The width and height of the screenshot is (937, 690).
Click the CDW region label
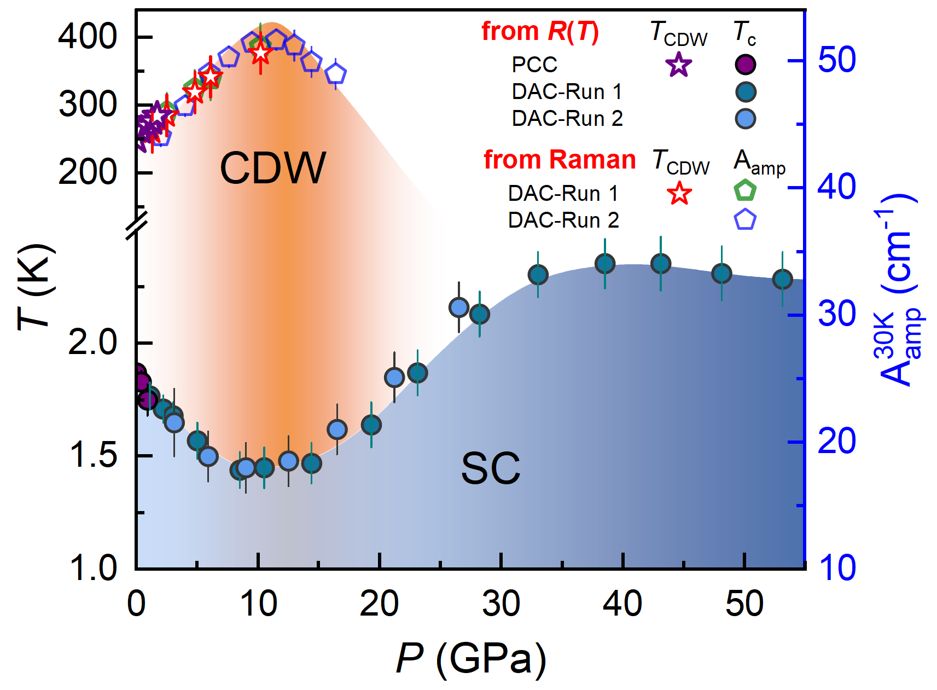point(272,168)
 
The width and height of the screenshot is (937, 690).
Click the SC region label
point(490,469)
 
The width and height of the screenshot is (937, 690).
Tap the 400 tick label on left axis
point(88,37)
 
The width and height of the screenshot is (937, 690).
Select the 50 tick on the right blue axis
point(836,60)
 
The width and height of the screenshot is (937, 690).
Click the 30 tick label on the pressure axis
point(501,604)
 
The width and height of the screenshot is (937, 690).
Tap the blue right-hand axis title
point(897,290)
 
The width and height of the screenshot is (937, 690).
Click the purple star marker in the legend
point(678,65)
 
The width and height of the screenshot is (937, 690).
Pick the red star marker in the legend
point(679,194)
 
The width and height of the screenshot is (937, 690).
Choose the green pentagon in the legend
point(745,190)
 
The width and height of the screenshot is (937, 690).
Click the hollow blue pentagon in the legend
point(745,220)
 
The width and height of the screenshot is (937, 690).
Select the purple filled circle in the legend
point(745,65)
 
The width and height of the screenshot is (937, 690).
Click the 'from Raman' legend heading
point(560,160)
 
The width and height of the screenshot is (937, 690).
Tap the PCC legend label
point(534,65)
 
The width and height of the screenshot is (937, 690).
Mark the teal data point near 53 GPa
point(782,279)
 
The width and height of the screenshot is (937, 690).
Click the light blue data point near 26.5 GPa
point(458,308)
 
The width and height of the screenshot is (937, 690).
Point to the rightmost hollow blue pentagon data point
point(335,73)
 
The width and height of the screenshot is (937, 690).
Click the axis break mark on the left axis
point(136,224)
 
